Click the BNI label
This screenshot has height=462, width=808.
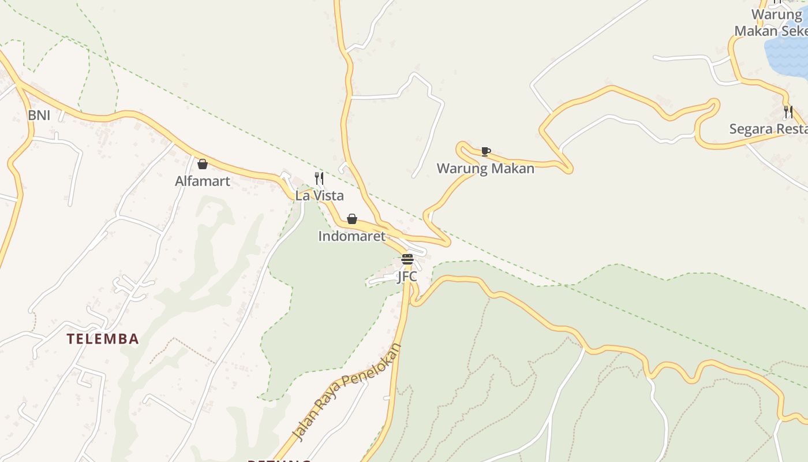(39, 115)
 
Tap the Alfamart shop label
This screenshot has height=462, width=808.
(203, 181)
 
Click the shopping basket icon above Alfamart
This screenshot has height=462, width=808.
(203, 164)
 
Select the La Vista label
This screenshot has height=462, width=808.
(319, 196)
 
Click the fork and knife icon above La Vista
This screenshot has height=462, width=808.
(319, 178)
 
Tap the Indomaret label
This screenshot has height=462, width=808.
(351, 236)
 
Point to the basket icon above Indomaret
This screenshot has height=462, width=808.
(352, 219)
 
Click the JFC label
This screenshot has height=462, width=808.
(407, 277)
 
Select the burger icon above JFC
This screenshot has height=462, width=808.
(407, 259)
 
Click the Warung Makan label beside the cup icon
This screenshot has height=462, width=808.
(485, 169)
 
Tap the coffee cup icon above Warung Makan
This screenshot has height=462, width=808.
(486, 151)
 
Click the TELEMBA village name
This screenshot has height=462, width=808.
(103, 339)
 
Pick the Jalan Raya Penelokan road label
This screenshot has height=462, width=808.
(347, 392)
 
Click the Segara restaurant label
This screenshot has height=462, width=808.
(768, 129)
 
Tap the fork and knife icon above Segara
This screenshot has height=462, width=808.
(788, 111)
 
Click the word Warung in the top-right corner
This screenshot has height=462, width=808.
(776, 14)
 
